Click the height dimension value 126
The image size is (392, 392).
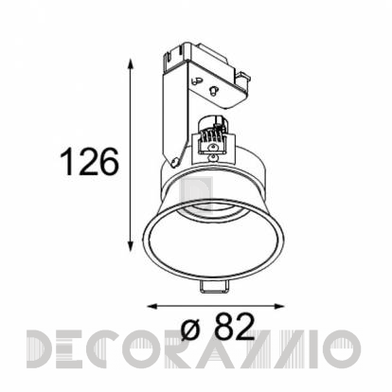pyautogui.click(x=89, y=162)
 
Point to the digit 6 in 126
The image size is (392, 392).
pyautogui.click(x=109, y=162)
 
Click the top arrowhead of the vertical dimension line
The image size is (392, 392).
pyautogui.click(x=131, y=64)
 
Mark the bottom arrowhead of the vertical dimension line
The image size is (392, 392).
pyautogui.click(x=131, y=245)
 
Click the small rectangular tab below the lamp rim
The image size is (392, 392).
pyautogui.click(x=215, y=287)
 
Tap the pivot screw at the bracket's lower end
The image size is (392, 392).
pyautogui.click(x=173, y=163)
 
